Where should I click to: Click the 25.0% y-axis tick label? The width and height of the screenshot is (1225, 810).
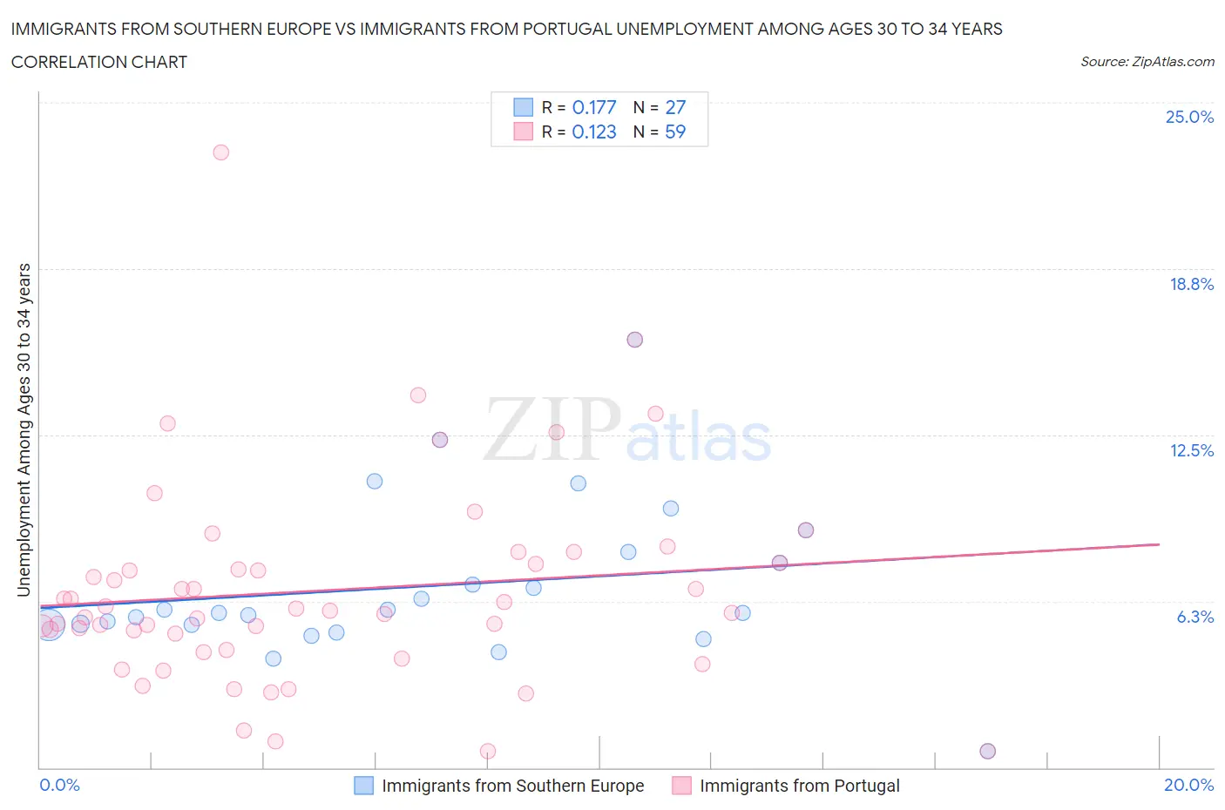(1189, 117)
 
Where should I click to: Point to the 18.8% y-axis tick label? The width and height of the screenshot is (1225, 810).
(1191, 284)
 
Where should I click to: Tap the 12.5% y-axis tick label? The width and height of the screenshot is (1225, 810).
(1191, 450)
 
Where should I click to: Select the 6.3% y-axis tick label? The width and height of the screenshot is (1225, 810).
(1195, 617)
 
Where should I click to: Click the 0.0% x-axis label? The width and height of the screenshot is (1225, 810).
(59, 785)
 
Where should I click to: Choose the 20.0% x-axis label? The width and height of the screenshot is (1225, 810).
(1188, 785)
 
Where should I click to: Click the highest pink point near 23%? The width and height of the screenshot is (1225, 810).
(220, 152)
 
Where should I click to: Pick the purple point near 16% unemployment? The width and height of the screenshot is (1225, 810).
(634, 340)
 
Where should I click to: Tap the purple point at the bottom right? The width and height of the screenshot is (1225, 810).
(987, 751)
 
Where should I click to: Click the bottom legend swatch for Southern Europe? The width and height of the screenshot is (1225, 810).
(363, 786)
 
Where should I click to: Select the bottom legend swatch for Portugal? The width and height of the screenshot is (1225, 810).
(681, 786)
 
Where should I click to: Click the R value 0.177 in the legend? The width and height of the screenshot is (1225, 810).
(594, 107)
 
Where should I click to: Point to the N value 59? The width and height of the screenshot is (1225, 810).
(675, 132)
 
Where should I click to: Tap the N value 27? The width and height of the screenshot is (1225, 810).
(675, 107)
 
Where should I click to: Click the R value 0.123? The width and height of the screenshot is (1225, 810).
(594, 132)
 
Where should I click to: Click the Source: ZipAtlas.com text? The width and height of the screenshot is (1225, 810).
(1147, 62)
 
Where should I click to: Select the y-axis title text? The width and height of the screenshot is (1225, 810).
(24, 430)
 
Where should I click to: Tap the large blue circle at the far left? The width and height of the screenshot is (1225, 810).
(49, 625)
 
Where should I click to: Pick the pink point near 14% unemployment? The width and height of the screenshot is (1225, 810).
(418, 395)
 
